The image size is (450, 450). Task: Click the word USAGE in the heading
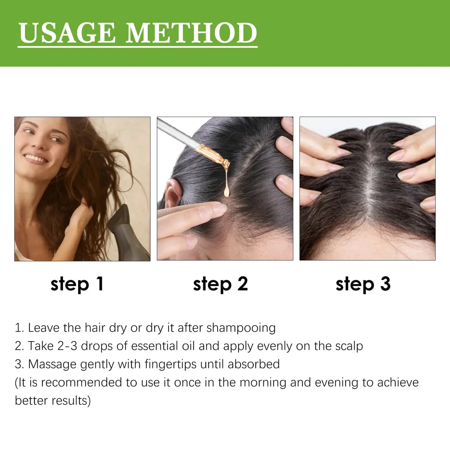[x=67, y=33]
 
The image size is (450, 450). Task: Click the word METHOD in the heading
[x=191, y=33]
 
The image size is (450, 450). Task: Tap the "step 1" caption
[x=77, y=284]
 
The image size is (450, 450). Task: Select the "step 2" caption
[x=220, y=284]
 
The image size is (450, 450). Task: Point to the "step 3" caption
[x=363, y=284]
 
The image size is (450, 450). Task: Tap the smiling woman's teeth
[x=36, y=158]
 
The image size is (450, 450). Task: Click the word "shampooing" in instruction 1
[x=241, y=328]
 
